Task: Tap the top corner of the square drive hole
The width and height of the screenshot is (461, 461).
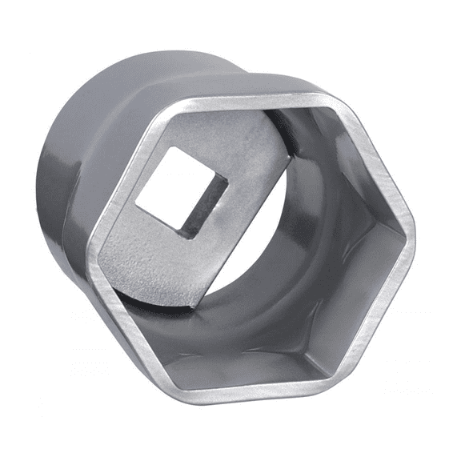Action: click(x=185, y=147)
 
